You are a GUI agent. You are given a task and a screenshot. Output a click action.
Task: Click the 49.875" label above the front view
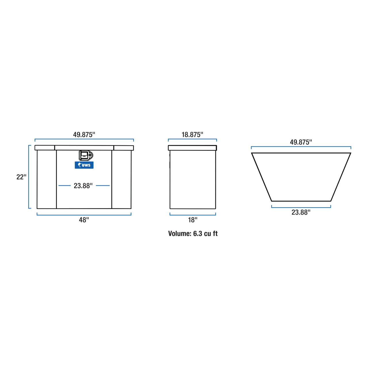pos(84,135)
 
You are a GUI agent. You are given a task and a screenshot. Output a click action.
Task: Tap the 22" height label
pos(21,177)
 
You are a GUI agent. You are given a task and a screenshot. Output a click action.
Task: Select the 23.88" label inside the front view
pos(83,186)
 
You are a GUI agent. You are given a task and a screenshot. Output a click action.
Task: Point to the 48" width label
pos(84,220)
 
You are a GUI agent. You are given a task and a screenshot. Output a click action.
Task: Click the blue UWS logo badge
pos(84,165)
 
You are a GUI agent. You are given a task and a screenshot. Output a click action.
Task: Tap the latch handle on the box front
pos(86,155)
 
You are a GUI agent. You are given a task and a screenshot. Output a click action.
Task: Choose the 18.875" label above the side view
pos(192,135)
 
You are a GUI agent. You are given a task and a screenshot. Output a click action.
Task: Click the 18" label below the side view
pos(193,220)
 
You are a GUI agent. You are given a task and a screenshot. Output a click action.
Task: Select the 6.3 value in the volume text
pos(198,233)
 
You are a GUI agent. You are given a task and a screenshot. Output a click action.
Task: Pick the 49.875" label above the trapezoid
pos(301,142)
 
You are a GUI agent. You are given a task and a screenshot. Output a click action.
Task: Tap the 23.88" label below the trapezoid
pos(301,212)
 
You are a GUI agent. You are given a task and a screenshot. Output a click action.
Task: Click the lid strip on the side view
pos(192,148)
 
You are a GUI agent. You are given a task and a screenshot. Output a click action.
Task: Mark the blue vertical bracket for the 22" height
pos(29,177)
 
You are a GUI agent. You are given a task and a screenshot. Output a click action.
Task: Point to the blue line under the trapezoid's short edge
pos(301,207)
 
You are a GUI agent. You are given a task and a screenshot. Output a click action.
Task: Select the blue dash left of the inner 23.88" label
pos(64,186)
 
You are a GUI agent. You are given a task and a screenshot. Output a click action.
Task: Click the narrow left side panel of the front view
pos(47,179)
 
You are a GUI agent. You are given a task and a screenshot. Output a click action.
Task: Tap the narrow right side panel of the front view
pos(121,179)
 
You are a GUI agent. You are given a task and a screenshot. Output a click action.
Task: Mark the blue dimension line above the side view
pos(192,139)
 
